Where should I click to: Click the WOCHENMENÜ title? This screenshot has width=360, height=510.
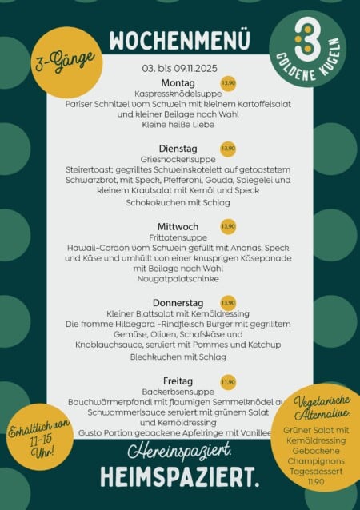[x=179, y=40]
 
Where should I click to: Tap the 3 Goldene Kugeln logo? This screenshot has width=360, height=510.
[x=308, y=47]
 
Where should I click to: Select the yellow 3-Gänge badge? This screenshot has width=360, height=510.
[x=67, y=62]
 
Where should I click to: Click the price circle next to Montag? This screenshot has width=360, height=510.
[x=228, y=83]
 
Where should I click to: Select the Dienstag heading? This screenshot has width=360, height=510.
[x=178, y=149]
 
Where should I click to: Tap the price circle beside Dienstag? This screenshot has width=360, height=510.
[x=228, y=149]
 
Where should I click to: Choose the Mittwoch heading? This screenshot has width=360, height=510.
[x=178, y=227]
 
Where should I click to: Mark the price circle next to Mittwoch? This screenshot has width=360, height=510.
[x=228, y=227]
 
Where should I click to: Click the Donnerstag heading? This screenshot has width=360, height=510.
[x=179, y=303]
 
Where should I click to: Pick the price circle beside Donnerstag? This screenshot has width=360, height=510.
[x=228, y=303]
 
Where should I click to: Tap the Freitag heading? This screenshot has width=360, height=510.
[x=178, y=381]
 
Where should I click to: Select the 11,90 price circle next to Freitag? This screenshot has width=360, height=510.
[x=228, y=381]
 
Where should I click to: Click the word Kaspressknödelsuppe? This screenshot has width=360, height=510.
[x=178, y=94]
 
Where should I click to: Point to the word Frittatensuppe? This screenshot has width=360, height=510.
[x=178, y=238]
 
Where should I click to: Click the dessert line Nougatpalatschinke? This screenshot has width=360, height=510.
[x=178, y=280]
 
